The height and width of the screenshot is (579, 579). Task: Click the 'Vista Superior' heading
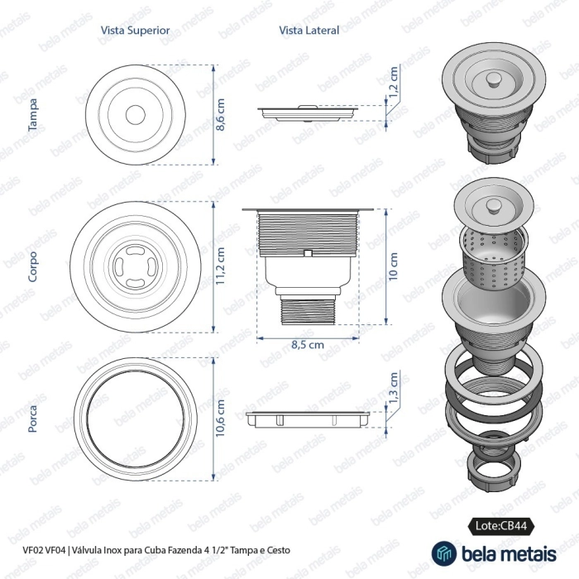[x=135, y=31]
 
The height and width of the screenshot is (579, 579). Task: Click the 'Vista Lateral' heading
[x=309, y=31]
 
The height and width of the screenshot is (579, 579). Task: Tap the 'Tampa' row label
[x=32, y=115]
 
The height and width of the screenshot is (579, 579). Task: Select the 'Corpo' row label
[x=32, y=267]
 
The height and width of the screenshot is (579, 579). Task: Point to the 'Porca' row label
[x=32, y=419]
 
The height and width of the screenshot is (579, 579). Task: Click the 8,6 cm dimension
[x=220, y=115]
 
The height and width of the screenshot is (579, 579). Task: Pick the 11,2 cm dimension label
[x=220, y=266]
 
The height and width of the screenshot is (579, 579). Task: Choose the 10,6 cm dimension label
[x=220, y=418]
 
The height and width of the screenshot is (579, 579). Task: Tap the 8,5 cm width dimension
[x=308, y=345]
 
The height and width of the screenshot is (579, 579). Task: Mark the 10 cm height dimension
[x=393, y=266]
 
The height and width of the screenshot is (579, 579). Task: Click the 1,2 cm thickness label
[x=394, y=82]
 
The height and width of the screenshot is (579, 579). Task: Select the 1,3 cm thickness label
[x=394, y=388]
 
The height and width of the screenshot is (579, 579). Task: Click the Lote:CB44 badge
[x=501, y=526]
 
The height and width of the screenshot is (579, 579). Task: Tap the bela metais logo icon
[x=444, y=553]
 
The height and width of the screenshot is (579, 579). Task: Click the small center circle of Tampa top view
[x=135, y=115]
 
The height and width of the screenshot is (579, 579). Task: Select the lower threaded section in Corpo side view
[x=308, y=310]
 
